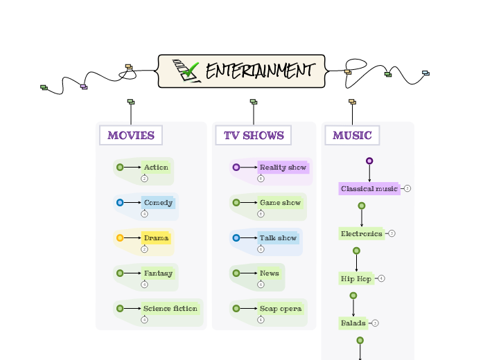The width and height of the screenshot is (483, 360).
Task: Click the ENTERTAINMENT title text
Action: point(260,71)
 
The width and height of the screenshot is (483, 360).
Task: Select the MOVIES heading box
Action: point(131,135)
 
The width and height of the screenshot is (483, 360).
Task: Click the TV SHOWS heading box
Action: point(254,135)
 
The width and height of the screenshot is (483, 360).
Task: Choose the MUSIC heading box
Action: point(352,135)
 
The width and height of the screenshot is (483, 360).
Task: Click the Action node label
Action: point(156,167)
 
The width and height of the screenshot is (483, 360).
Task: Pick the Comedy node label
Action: point(158,203)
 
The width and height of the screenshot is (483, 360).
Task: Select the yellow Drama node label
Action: point(156,238)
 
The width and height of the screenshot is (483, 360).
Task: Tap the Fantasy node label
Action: point(158,273)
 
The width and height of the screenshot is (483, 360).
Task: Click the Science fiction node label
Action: point(170,309)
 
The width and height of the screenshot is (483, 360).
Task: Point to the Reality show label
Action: point(283,168)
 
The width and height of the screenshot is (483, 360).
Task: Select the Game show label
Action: point(280,203)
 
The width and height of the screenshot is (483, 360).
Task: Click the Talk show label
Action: point(278,238)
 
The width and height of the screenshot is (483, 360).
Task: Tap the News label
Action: point(270,273)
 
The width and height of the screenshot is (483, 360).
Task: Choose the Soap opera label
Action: point(280,309)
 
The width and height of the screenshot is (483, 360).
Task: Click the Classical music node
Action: point(369,189)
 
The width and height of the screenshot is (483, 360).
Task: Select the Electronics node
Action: point(361,234)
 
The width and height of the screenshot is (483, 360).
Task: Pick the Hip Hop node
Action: point(356,279)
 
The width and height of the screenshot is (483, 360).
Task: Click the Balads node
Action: point(353,323)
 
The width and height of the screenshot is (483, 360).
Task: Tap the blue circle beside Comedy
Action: point(120,203)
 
